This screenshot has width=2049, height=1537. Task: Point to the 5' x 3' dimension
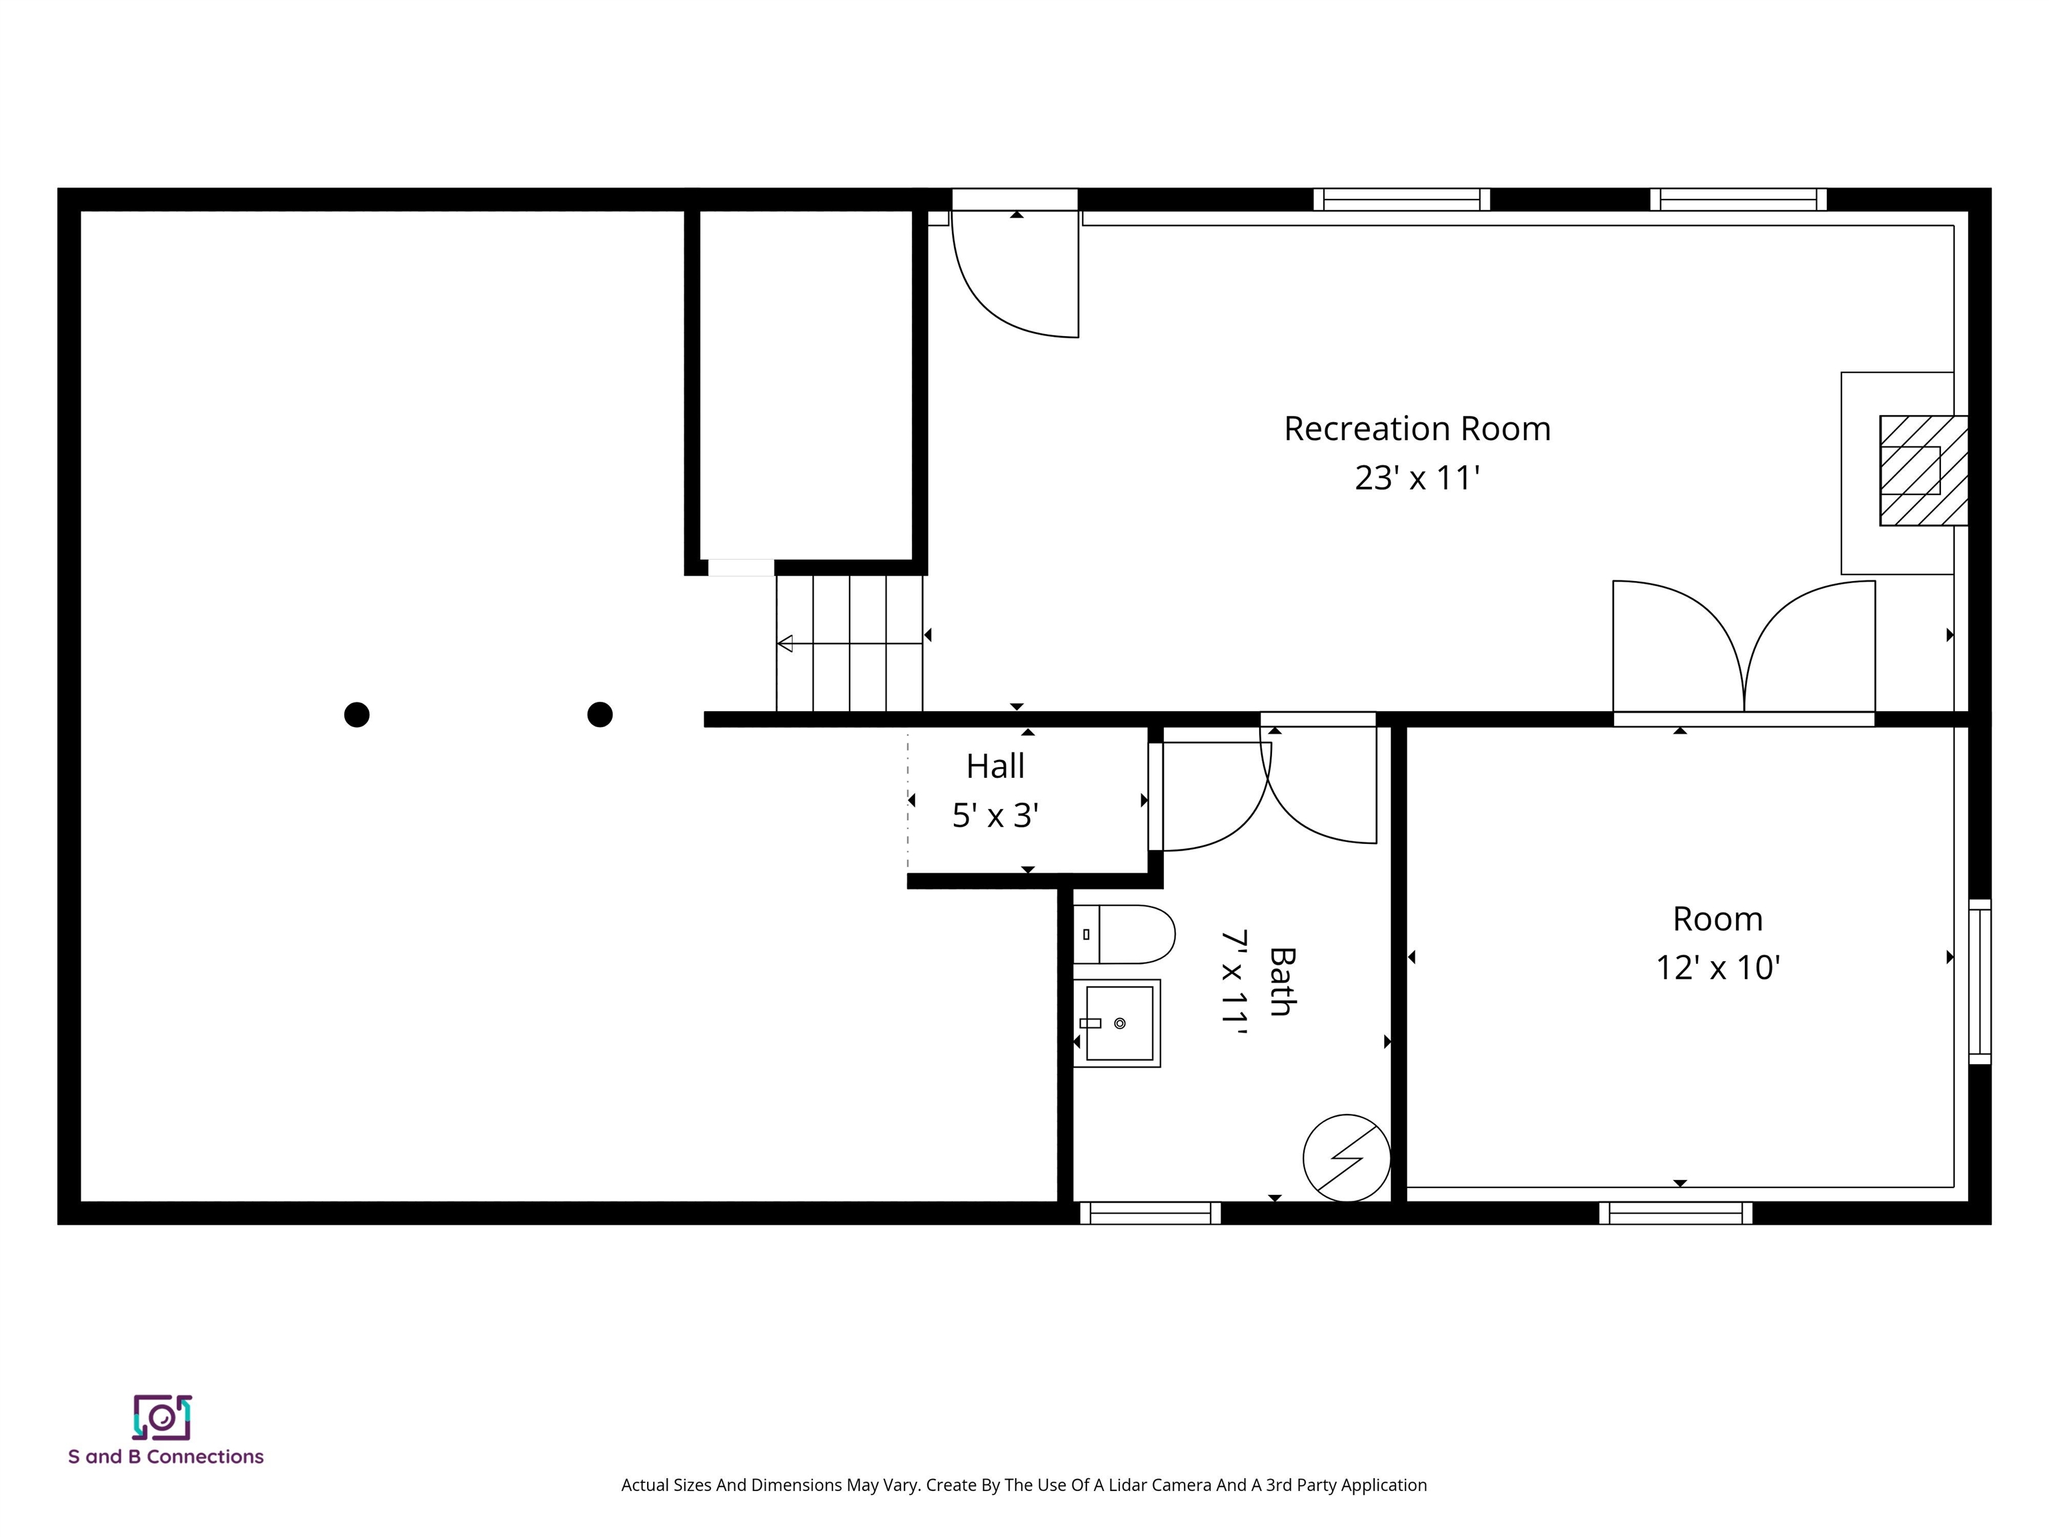point(995,815)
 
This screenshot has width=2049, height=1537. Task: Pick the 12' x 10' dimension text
point(1718,967)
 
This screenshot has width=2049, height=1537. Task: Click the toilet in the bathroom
point(1125,934)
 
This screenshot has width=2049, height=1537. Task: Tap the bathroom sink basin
point(1119,1023)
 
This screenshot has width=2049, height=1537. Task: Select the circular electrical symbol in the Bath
point(1346,1157)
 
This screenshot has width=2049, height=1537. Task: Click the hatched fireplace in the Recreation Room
point(1922,471)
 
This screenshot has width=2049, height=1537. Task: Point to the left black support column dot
point(357,714)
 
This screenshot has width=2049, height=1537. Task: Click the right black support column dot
point(600,714)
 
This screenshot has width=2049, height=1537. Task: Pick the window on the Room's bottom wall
point(1675,1213)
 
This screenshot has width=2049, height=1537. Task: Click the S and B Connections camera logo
point(162,1416)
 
